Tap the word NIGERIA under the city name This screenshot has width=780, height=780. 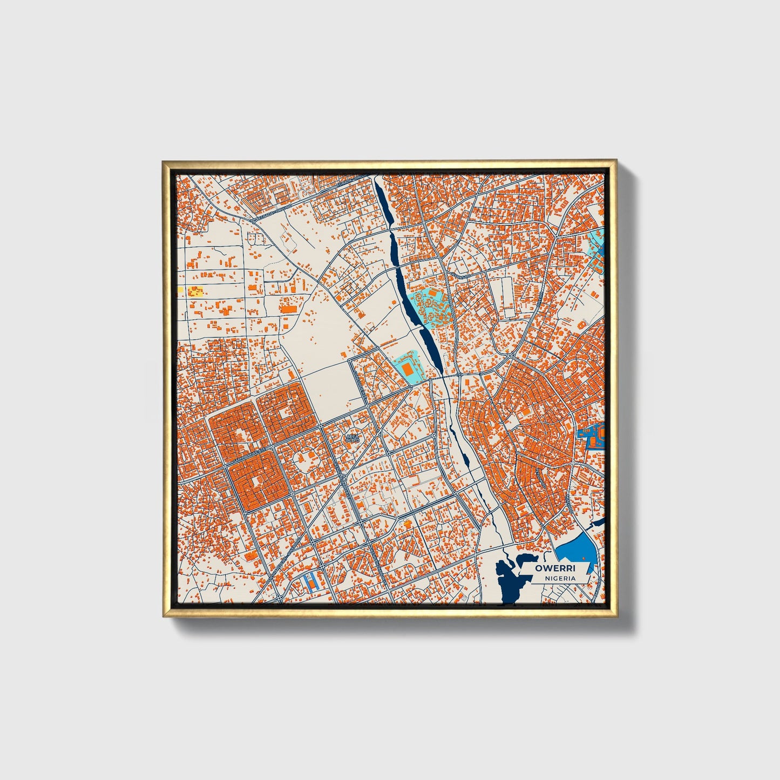560,578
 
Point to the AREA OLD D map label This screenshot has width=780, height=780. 352,438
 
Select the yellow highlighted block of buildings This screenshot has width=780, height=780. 195,292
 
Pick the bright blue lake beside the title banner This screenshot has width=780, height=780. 575,552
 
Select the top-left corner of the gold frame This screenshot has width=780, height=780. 164,162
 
